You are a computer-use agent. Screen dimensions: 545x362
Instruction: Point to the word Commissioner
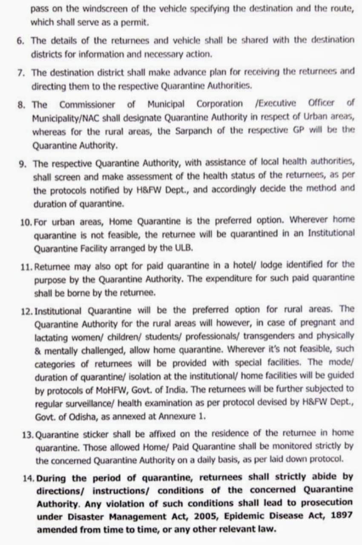pyautogui.click(x=87, y=104)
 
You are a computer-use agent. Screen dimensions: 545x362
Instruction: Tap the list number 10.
pyautogui.click(x=26, y=221)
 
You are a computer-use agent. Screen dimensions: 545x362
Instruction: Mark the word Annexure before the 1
pyautogui.click(x=182, y=417)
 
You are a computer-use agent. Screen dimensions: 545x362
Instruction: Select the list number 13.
pyautogui.click(x=27, y=434)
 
